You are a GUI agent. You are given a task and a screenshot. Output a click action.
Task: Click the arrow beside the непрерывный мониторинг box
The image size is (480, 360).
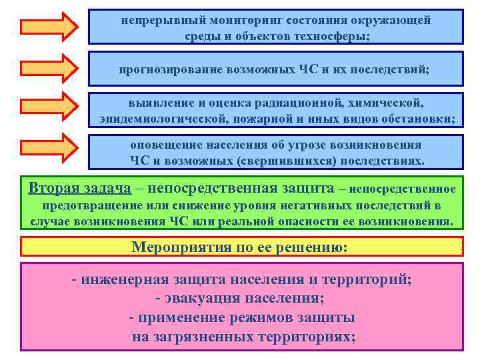pos(49,26)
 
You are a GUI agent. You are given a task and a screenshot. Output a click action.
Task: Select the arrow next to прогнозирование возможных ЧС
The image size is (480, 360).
pos(49,67)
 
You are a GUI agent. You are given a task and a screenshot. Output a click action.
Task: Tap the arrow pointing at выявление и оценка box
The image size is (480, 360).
pos(49,107)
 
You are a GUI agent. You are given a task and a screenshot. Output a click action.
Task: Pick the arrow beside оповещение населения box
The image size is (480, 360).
pos(49,148)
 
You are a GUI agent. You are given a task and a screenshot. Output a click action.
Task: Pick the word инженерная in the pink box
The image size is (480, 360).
pos(120,279)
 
